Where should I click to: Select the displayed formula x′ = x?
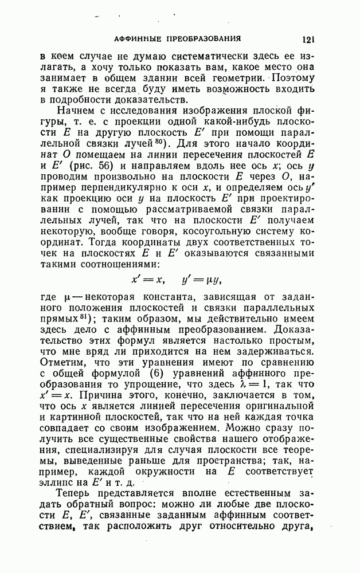(147, 280)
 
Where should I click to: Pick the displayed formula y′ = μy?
(201, 280)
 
